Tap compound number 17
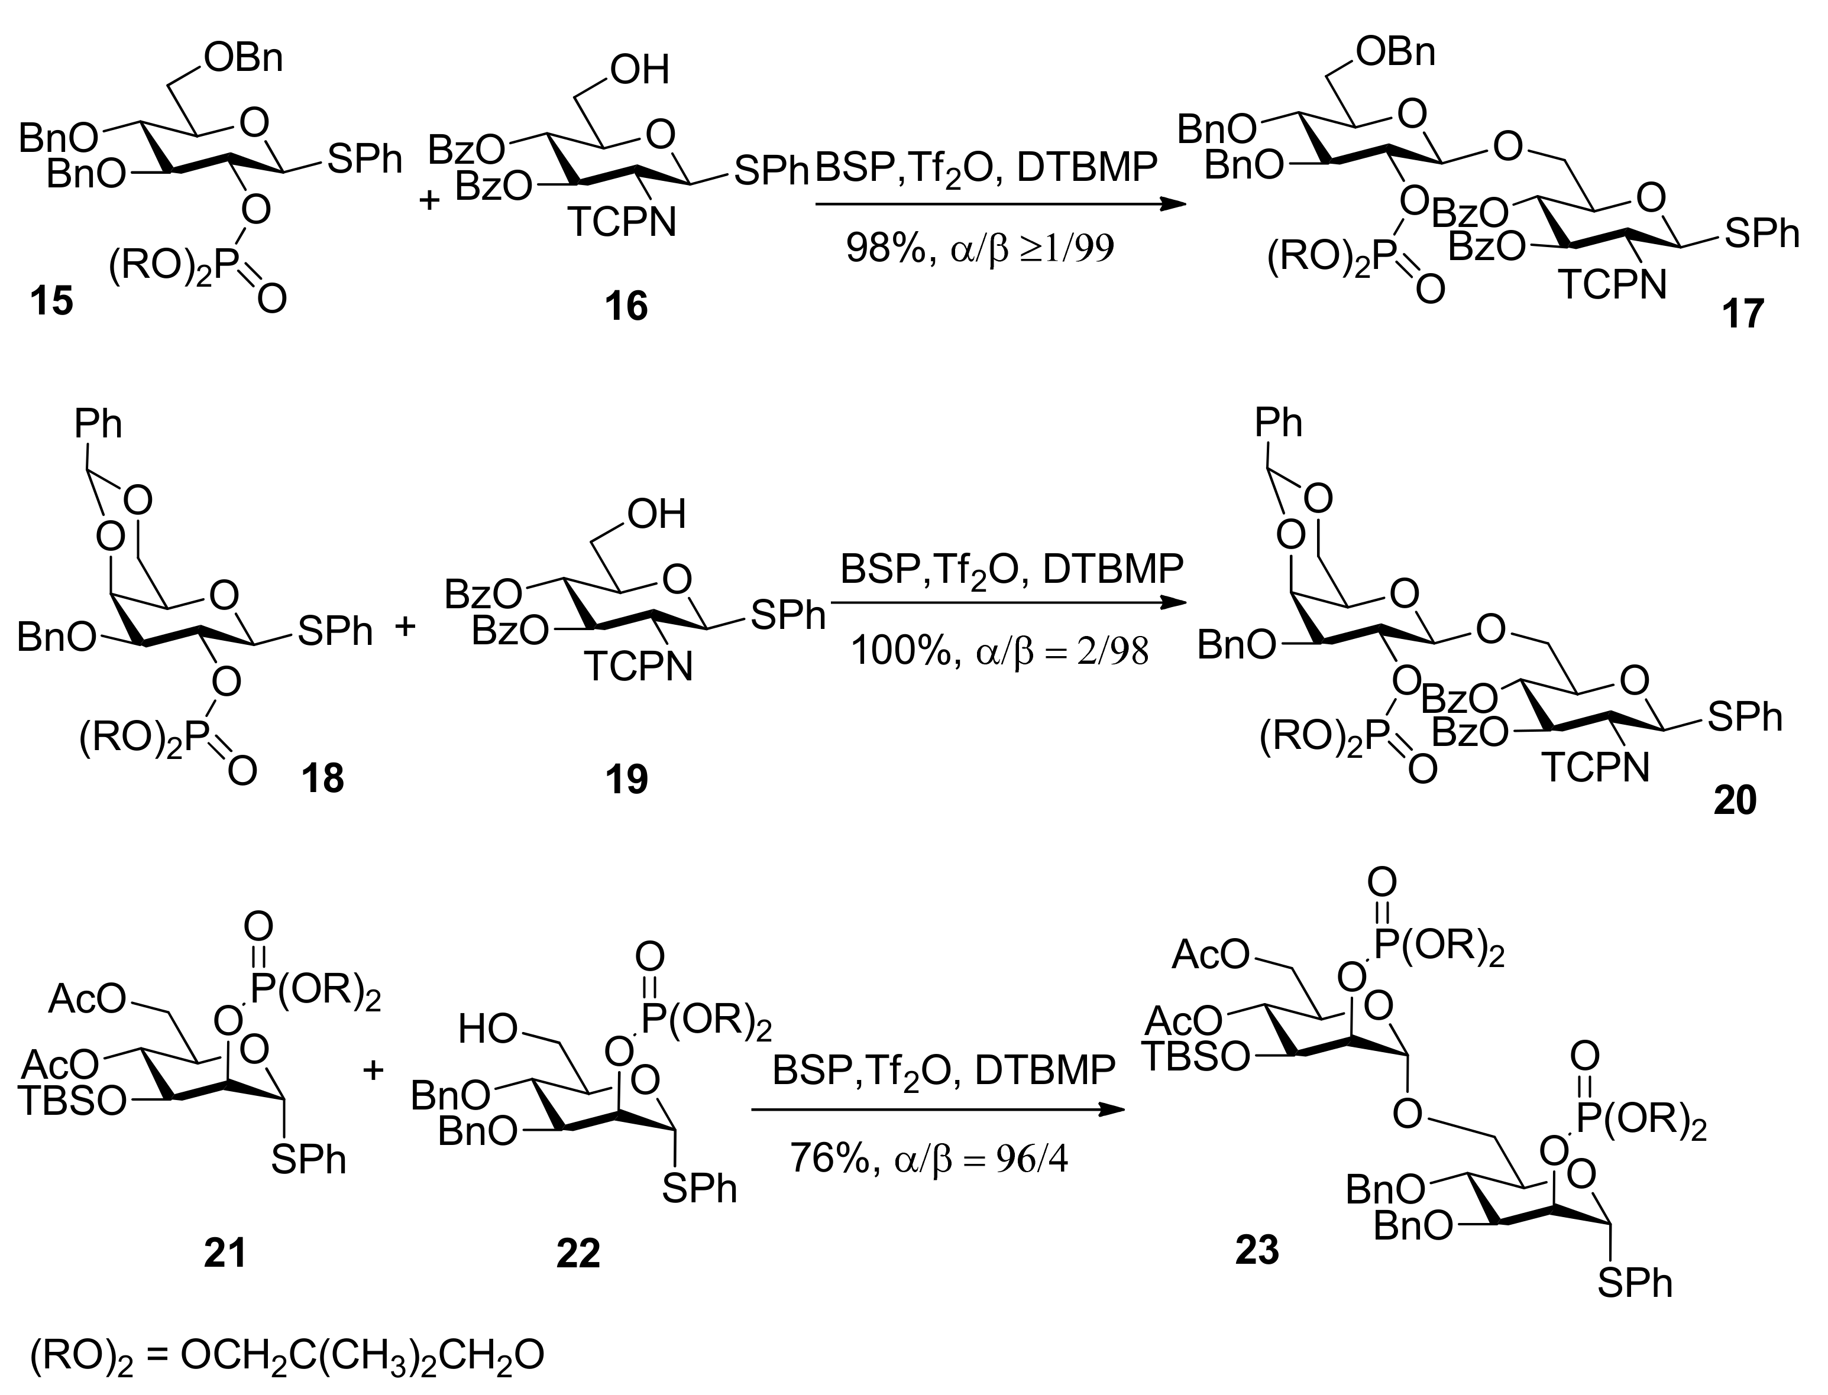point(1742,314)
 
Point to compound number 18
point(322,779)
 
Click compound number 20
point(1734,800)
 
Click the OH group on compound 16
point(639,70)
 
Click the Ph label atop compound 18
point(98,424)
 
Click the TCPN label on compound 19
point(638,666)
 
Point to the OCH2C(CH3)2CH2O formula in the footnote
point(362,1354)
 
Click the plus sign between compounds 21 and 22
point(374,1070)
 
